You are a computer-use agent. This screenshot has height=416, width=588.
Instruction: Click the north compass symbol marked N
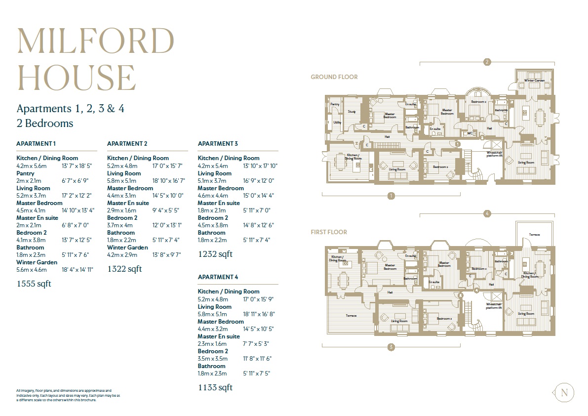click(564, 393)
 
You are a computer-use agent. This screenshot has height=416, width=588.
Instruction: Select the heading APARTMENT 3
click(218, 144)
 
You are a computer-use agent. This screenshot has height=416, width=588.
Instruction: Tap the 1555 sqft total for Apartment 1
click(34, 284)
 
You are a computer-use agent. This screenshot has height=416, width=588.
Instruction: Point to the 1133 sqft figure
click(215, 387)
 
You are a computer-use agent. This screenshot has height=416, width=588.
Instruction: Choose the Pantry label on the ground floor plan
click(335, 104)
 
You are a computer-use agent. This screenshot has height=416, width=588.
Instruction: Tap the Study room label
click(352, 112)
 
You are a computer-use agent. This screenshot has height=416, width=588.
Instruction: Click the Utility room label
click(337, 122)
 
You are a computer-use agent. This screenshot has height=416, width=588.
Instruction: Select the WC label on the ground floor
click(470, 133)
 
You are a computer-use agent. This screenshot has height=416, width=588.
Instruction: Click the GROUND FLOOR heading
click(334, 77)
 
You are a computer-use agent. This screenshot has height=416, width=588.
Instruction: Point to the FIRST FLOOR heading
click(328, 232)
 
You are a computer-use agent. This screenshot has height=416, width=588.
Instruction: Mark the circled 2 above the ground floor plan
click(487, 62)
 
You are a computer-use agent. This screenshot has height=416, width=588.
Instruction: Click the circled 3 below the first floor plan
click(391, 347)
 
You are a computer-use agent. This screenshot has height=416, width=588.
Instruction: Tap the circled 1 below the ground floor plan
click(391, 196)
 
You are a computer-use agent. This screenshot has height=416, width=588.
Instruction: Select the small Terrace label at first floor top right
click(534, 235)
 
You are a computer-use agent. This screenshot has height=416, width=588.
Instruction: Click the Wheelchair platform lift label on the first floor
click(494, 306)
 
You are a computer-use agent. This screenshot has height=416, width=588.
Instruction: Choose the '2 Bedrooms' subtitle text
click(44, 123)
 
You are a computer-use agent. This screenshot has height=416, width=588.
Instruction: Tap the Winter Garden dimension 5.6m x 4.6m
click(31, 269)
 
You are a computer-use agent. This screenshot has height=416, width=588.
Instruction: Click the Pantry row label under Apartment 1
click(25, 173)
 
